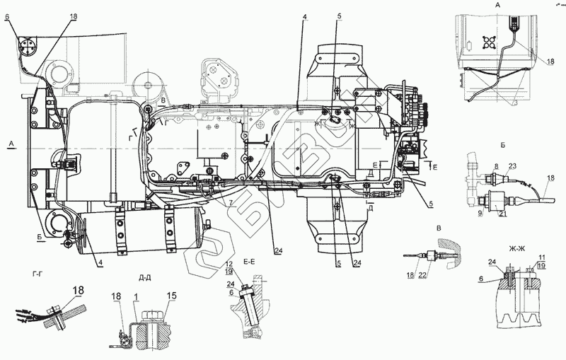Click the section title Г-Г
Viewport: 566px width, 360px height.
tap(40, 272)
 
